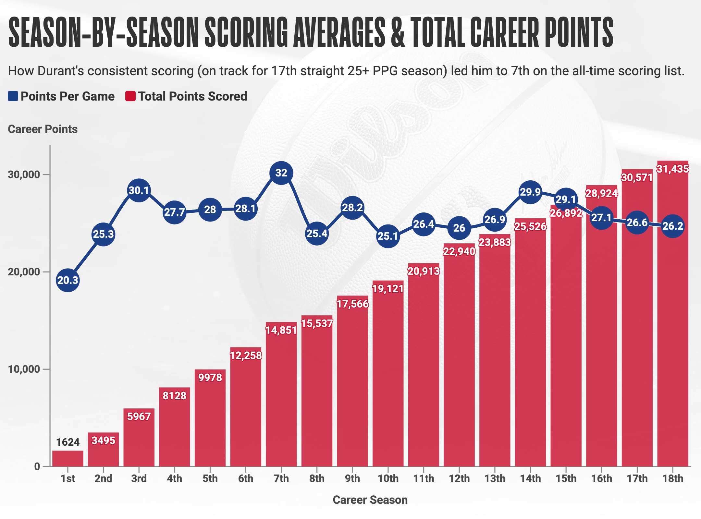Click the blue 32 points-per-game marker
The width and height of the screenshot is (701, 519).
pos(281,173)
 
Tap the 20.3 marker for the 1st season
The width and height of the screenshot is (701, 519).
pos(68,280)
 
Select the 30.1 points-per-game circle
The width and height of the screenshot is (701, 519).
pos(139,190)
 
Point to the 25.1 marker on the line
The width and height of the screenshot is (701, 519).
pos(388,236)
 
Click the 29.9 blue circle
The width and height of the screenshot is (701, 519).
pos(530,192)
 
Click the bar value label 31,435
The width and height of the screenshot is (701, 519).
pos(672,169)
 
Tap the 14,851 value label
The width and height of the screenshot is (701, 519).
pos(281,330)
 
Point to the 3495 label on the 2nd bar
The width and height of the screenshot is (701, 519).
pos(103,441)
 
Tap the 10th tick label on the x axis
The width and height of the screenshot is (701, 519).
pos(388,478)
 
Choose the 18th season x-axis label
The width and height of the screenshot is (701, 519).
pos(672,478)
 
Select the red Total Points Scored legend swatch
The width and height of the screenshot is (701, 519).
pos(130,96)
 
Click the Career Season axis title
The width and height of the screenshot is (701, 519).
pos(370,500)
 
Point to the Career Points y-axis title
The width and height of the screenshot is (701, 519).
pos(43,129)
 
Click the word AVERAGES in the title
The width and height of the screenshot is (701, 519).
pos(339,32)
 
